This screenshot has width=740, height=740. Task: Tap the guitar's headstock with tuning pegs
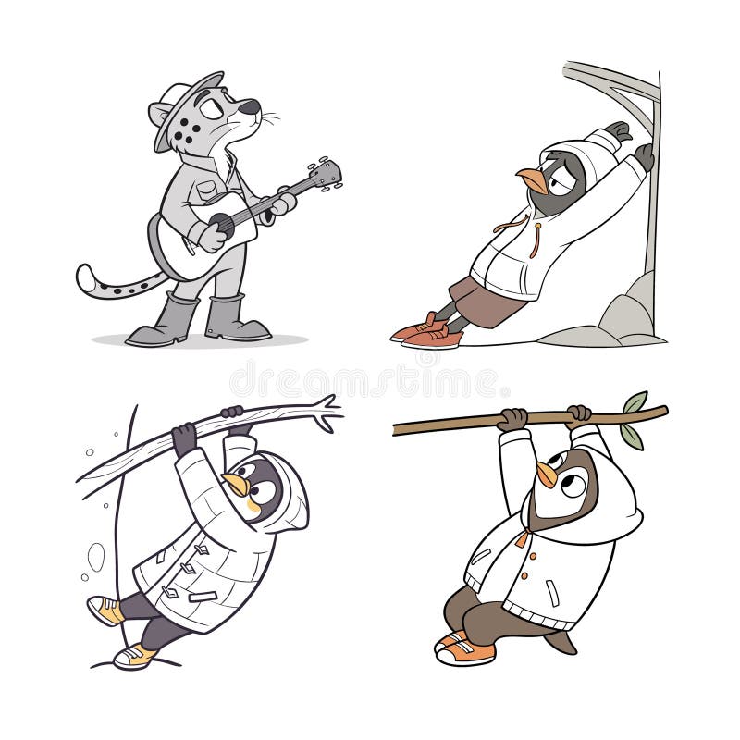click(x=327, y=172)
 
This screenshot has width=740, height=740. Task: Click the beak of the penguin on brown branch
click(x=548, y=475)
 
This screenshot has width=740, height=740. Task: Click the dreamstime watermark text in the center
click(x=370, y=379)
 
